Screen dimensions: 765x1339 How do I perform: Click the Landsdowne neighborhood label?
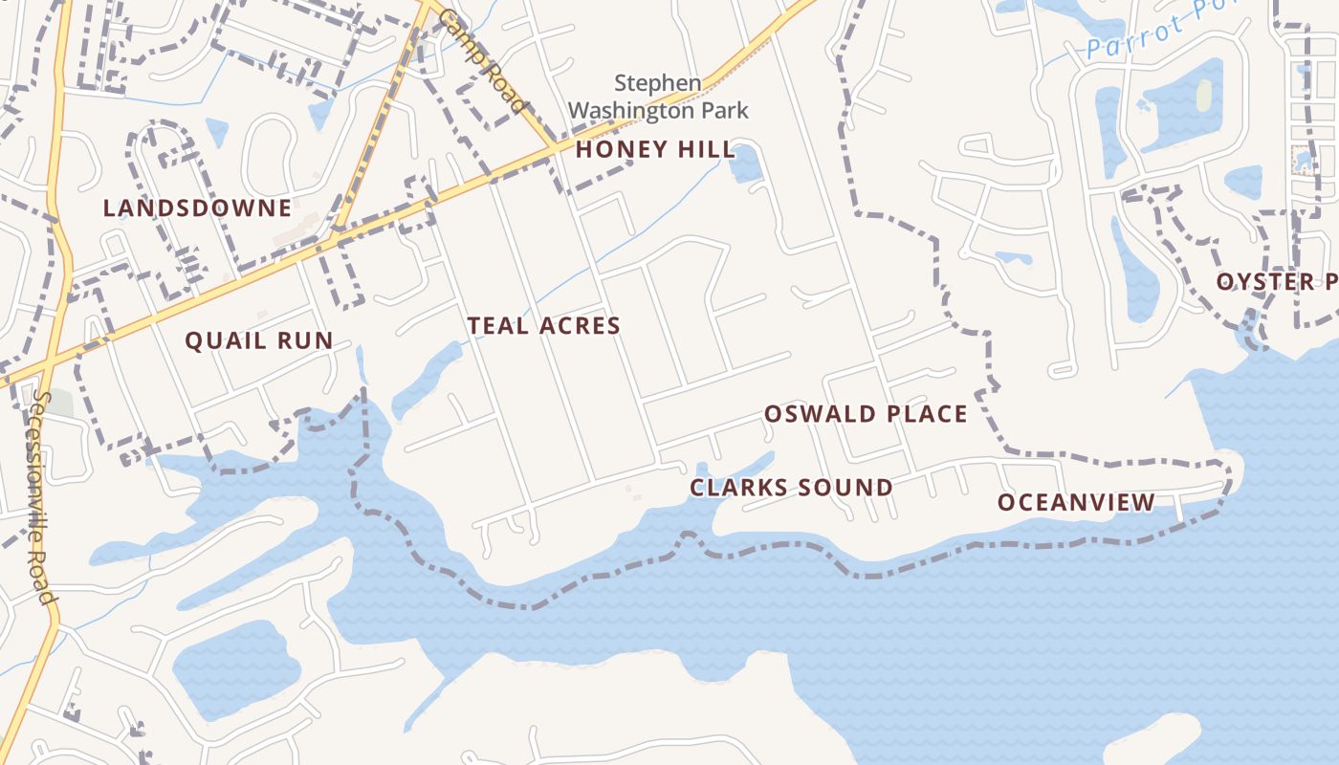point(197,208)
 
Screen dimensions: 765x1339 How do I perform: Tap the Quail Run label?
point(258,339)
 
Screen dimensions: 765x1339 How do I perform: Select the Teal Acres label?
point(543,326)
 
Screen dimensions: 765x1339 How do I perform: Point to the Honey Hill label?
point(655,149)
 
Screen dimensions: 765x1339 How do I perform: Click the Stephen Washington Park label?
point(658,98)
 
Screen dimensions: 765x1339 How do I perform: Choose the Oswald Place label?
point(865,414)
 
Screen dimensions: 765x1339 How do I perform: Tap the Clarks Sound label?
point(791,488)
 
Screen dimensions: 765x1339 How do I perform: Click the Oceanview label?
point(1076,502)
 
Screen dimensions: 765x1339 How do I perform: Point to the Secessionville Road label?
point(44,496)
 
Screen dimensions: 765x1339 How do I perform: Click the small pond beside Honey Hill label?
point(744,164)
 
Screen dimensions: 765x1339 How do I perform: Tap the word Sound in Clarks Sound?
point(845,488)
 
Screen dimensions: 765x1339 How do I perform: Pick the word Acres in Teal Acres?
point(582,326)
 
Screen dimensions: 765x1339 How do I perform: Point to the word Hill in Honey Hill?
point(708,149)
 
